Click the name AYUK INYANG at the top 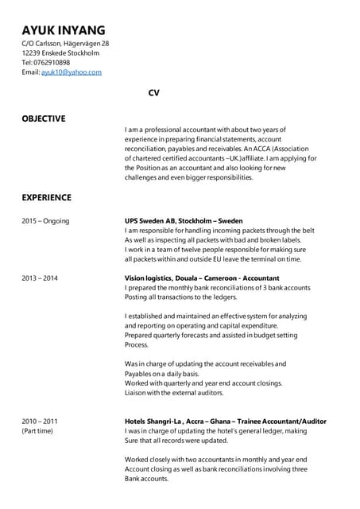[x=64, y=30]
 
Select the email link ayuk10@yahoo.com [x=72, y=72]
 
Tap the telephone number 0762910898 [x=52, y=62]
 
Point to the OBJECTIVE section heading [x=44, y=119]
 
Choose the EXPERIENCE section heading [x=46, y=197]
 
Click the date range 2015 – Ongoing [x=45, y=220]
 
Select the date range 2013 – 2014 [x=40, y=278]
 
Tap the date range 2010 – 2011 [x=40, y=421]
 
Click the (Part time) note [x=37, y=431]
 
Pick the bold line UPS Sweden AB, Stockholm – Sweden [x=184, y=220]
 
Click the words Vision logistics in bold [x=149, y=278]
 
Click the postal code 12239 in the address [x=32, y=52]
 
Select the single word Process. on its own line [x=137, y=345]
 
